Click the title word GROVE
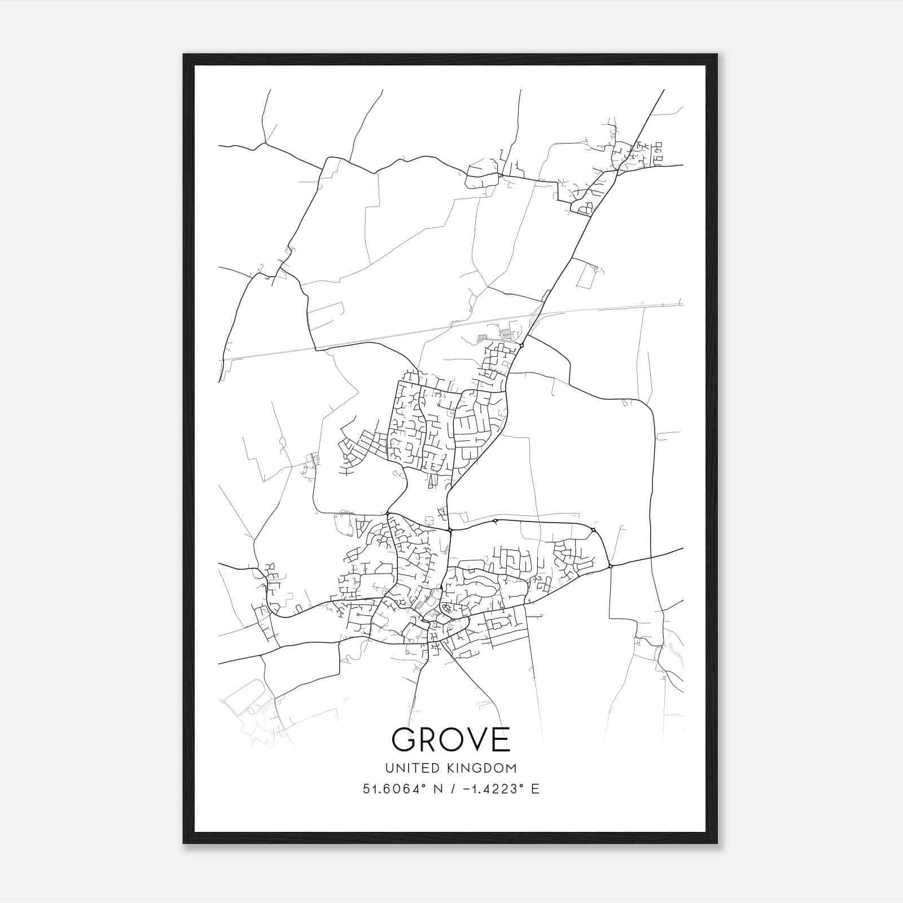tap(451, 739)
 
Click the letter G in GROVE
tap(405, 739)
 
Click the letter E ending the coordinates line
tap(536, 789)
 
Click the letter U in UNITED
tap(389, 768)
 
